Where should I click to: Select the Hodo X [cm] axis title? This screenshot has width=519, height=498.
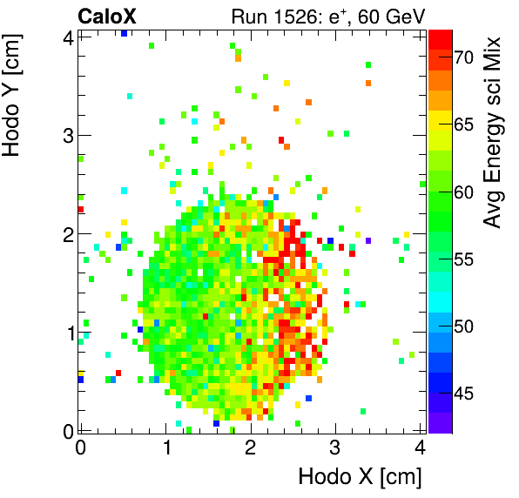[x=360, y=476]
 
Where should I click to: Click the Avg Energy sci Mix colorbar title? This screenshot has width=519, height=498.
[x=494, y=131]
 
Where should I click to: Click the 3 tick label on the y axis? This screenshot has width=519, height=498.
[x=66, y=135]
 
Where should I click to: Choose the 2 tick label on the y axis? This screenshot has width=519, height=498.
[x=66, y=234]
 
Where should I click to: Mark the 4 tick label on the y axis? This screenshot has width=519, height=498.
[x=66, y=37]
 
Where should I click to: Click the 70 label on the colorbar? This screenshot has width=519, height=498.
[x=462, y=57]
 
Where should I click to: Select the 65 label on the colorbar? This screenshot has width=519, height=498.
[x=462, y=124]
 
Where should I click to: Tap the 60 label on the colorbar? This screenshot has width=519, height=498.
[x=462, y=192]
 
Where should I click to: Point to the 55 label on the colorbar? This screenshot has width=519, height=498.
[x=462, y=259]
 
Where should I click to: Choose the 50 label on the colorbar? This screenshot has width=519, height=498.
[x=462, y=326]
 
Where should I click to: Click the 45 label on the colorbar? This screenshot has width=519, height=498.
[x=462, y=394]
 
